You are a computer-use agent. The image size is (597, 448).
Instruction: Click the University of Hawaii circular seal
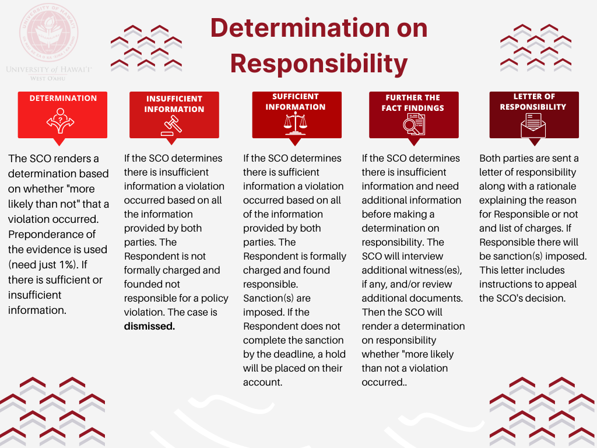49,33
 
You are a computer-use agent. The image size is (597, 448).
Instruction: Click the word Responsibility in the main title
319,64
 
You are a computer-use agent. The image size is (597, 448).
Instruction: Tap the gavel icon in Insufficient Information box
171,125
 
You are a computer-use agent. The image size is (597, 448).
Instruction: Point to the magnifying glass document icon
414,124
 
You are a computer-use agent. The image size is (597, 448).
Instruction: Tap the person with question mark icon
60,121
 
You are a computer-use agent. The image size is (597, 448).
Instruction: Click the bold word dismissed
149,327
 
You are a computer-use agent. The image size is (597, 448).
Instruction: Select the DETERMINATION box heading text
63,98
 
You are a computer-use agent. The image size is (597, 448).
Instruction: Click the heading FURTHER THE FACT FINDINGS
413,103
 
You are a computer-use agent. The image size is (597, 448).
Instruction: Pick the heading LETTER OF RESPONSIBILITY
533,101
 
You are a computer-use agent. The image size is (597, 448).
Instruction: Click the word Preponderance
52,235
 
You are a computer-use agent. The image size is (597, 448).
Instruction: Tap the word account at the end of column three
262,383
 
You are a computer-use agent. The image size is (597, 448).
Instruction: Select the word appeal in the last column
560,285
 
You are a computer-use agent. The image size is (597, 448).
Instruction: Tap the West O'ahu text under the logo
48,79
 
